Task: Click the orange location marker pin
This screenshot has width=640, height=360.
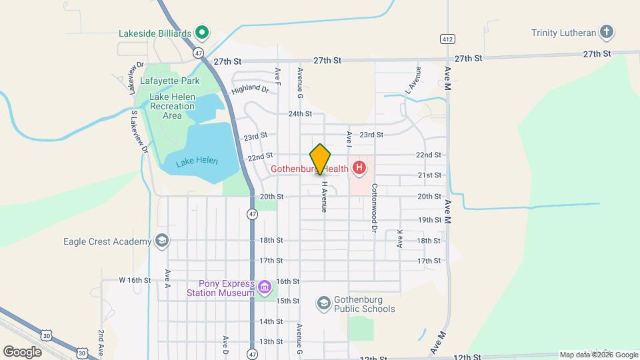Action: pos(321,159)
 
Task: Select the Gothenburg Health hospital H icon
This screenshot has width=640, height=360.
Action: pos(359,168)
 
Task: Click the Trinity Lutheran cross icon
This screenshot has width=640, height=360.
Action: pos(606,32)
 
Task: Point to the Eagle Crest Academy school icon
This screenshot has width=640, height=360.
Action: pos(161,241)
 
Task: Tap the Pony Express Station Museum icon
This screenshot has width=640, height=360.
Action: pos(265,288)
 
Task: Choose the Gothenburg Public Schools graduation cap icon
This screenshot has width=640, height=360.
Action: pos(324,304)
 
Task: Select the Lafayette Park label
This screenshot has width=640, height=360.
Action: pos(170,81)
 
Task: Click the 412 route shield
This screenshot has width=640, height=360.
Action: pos(447,39)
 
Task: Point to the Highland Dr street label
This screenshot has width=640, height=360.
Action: pos(250,88)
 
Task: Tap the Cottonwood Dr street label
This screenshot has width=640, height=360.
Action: pos(375,199)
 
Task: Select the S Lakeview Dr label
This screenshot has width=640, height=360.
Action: pos(138,131)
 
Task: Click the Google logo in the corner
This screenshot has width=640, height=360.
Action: pos(23,351)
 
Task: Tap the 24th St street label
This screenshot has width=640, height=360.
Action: pos(300,114)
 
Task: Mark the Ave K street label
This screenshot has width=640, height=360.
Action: pos(400,238)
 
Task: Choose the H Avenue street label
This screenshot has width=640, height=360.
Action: pos(325,197)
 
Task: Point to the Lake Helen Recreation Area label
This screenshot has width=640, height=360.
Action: pos(173,106)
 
